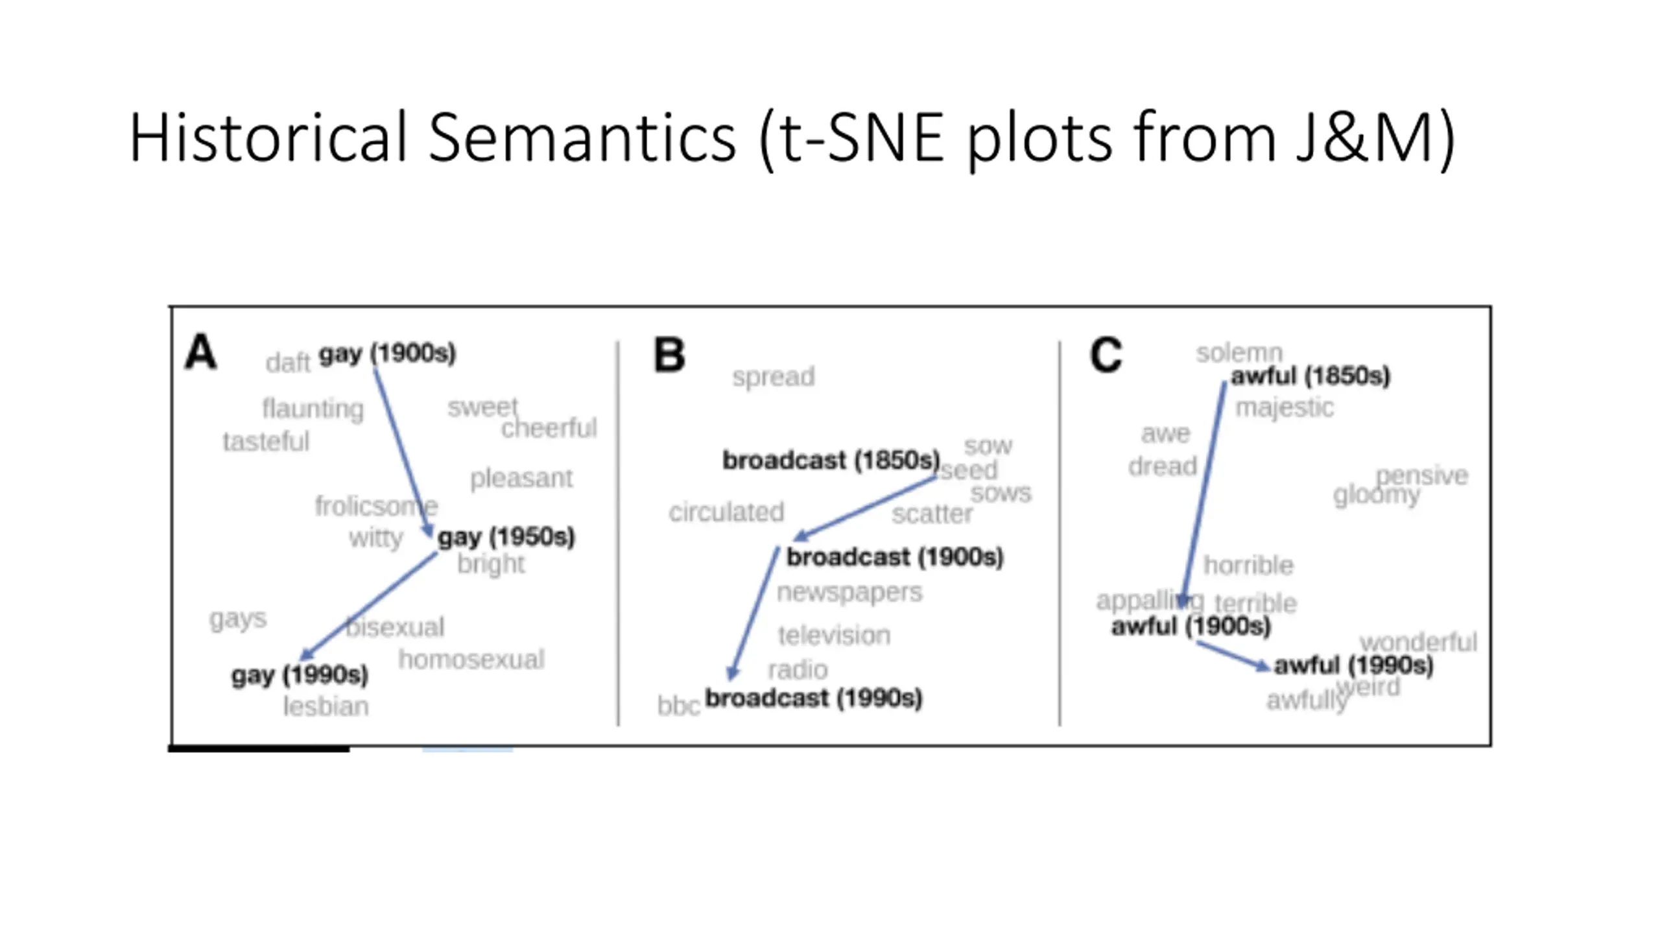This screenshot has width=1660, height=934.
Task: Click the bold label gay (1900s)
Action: click(387, 353)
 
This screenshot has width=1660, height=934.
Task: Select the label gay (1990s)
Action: click(300, 675)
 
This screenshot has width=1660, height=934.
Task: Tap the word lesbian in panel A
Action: click(326, 706)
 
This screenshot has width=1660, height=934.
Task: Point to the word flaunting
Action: click(313, 409)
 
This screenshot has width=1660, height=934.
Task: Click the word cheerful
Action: click(549, 428)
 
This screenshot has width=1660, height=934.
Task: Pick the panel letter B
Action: click(669, 355)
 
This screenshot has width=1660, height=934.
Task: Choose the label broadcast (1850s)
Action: click(831, 460)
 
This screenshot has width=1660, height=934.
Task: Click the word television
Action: click(834, 635)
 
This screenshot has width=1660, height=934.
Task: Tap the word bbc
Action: click(678, 706)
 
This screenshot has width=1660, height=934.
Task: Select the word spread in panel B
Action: click(773, 376)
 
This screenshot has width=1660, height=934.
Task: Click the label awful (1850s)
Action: click(1310, 376)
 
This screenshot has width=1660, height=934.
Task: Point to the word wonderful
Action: click(1418, 642)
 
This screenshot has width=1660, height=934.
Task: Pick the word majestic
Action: click(1284, 407)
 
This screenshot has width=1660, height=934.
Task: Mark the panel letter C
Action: click(1106, 355)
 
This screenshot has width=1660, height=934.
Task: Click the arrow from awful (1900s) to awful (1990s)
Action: click(1232, 655)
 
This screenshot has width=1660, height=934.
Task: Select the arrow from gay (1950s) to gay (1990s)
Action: click(370, 605)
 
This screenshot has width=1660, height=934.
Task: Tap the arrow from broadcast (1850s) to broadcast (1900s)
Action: click(866, 508)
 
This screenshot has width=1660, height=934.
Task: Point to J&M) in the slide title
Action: click(1375, 138)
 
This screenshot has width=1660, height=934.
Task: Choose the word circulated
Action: click(726, 512)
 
